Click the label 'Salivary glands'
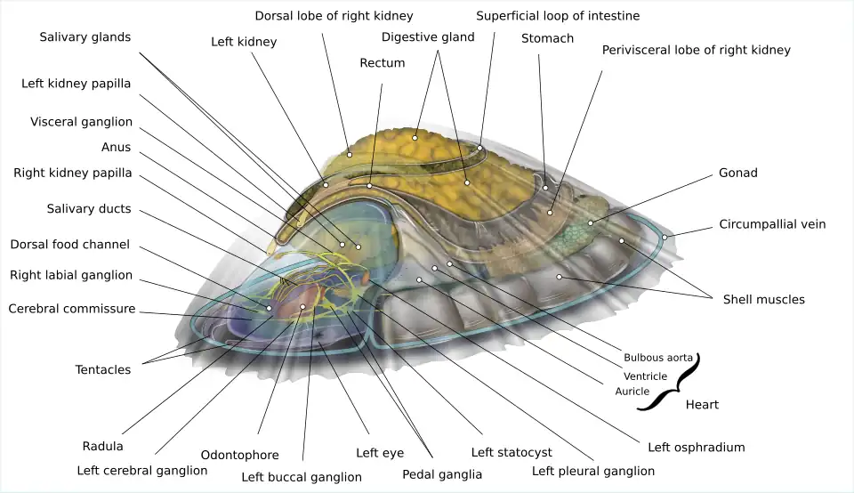[x=85, y=37]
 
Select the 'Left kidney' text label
[x=244, y=42]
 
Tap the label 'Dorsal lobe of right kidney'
[x=334, y=16]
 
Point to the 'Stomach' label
[x=547, y=38]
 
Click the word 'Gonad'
[x=737, y=173]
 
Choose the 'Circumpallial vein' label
[x=772, y=224]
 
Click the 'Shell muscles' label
[x=763, y=300]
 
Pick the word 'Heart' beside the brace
[x=702, y=405]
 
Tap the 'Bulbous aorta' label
[x=657, y=358]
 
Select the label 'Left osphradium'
[x=696, y=447]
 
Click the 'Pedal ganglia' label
[x=442, y=474]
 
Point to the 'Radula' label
[x=102, y=446]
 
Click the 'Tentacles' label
[x=102, y=370]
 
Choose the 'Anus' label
[x=116, y=148]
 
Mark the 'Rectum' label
[x=382, y=63]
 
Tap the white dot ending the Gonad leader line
[x=591, y=222]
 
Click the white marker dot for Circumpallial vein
[x=664, y=237]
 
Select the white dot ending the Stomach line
[x=545, y=188]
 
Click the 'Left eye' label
[x=380, y=453]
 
